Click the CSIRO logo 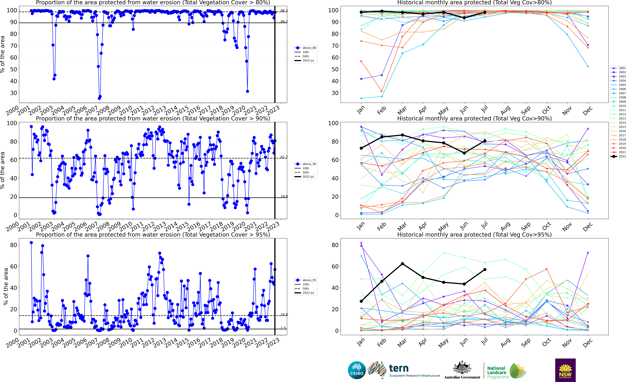click(x=356, y=370)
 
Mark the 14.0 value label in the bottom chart click(x=284, y=315)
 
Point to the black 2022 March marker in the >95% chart click(x=402, y=264)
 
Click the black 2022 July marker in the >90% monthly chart click(x=485, y=141)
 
